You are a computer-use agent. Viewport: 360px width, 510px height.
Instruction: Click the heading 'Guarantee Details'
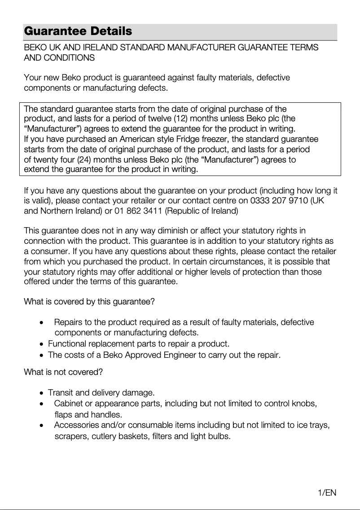(78, 31)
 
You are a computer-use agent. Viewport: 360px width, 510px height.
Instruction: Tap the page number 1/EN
(327, 493)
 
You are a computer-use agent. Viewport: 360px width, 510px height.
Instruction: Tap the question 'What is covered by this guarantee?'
(89, 302)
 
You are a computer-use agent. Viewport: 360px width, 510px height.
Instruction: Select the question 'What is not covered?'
(63, 372)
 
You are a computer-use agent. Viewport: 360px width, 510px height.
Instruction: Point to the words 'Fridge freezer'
(203, 139)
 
